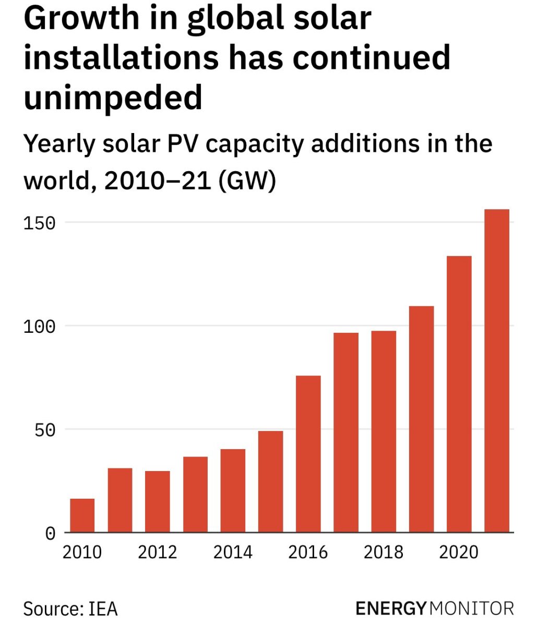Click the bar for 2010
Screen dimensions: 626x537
tap(82, 515)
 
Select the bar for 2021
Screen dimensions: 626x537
tap(497, 371)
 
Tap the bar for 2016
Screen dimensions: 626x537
tap(308, 454)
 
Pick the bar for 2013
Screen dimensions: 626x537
tap(195, 495)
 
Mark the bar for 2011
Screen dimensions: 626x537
tap(120, 500)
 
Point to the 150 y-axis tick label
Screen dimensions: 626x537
tap(39, 223)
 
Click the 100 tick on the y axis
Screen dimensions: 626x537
tap(39, 327)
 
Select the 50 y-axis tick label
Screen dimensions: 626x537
tap(44, 430)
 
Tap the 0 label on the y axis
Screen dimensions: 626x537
tap(50, 534)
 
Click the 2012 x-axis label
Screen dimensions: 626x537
tap(158, 552)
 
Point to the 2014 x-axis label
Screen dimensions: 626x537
tap(233, 552)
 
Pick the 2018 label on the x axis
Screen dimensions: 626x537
tap(384, 552)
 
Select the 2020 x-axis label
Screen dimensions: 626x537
tap(459, 552)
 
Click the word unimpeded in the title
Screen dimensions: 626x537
tap(113, 98)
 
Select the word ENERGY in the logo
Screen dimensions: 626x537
tap(391, 608)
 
